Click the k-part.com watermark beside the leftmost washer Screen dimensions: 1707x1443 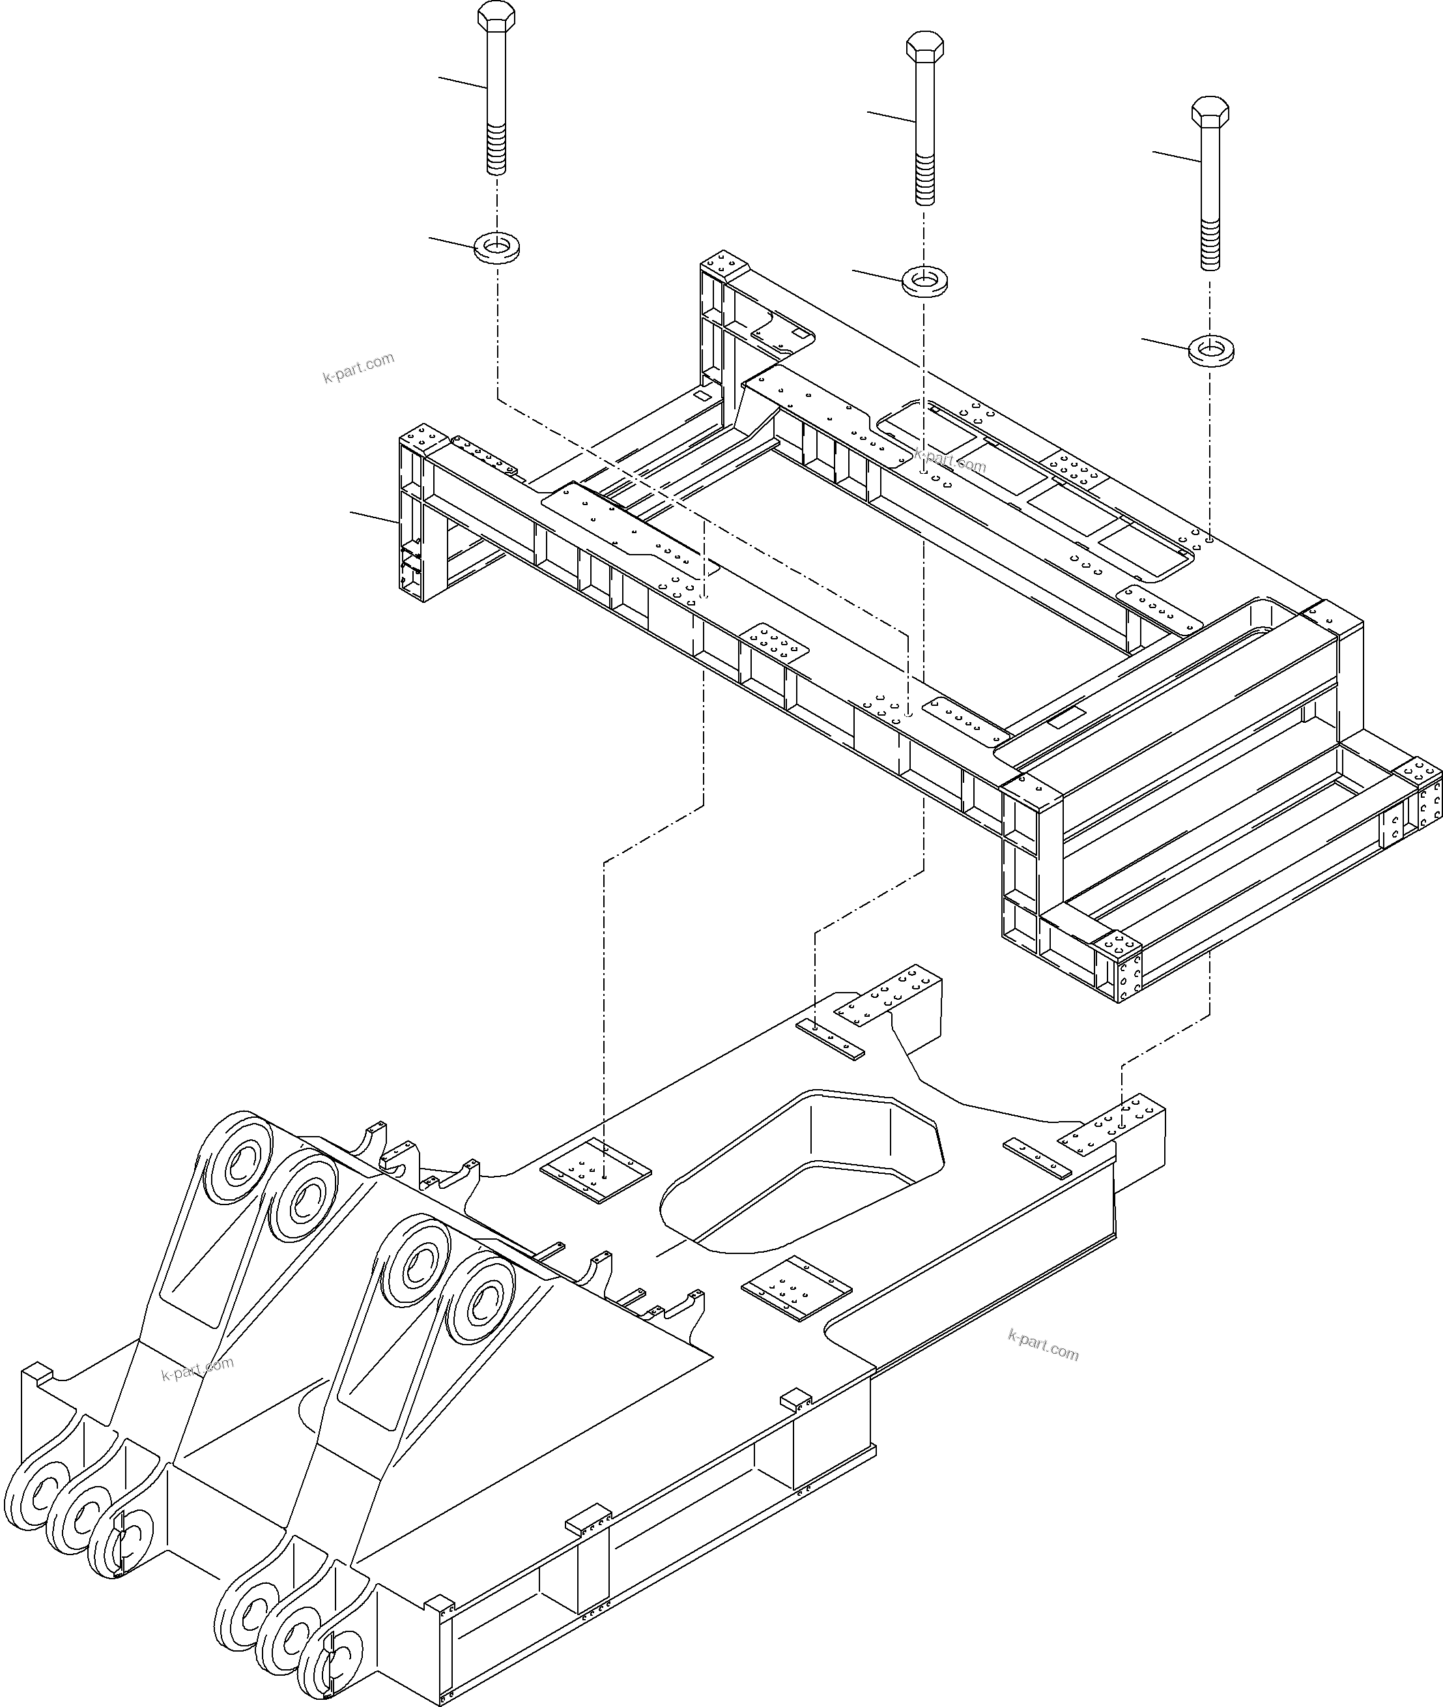[358, 368]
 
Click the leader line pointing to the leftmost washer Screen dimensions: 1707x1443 [452, 241]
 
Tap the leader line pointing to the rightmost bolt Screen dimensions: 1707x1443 [1177, 158]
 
